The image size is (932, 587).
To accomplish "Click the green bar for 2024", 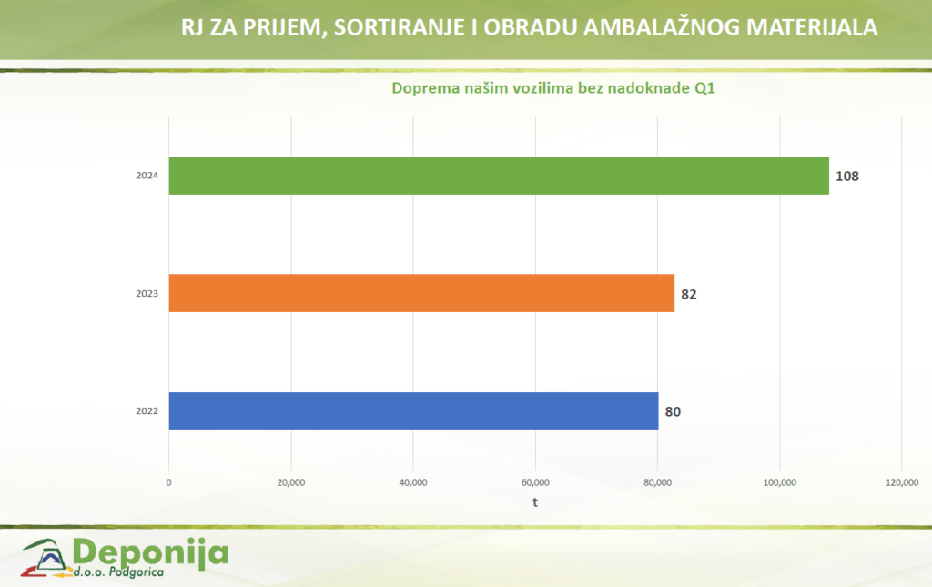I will (499, 176).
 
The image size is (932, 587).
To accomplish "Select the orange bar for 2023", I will (421, 293).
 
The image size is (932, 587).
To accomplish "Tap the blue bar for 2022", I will (413, 410).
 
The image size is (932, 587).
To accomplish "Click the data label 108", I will (847, 176).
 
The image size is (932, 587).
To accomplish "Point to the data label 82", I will (689, 294).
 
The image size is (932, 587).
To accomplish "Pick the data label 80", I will (673, 411).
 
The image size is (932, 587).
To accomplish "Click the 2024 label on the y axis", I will (148, 176).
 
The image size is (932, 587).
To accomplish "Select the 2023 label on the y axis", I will (148, 294).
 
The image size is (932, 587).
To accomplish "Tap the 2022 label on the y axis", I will (148, 411).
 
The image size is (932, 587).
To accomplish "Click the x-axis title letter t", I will (535, 502).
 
